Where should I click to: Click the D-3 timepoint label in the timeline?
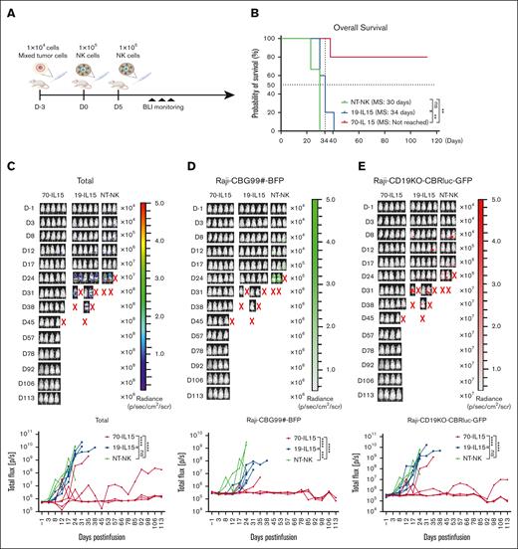pos(37,92)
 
